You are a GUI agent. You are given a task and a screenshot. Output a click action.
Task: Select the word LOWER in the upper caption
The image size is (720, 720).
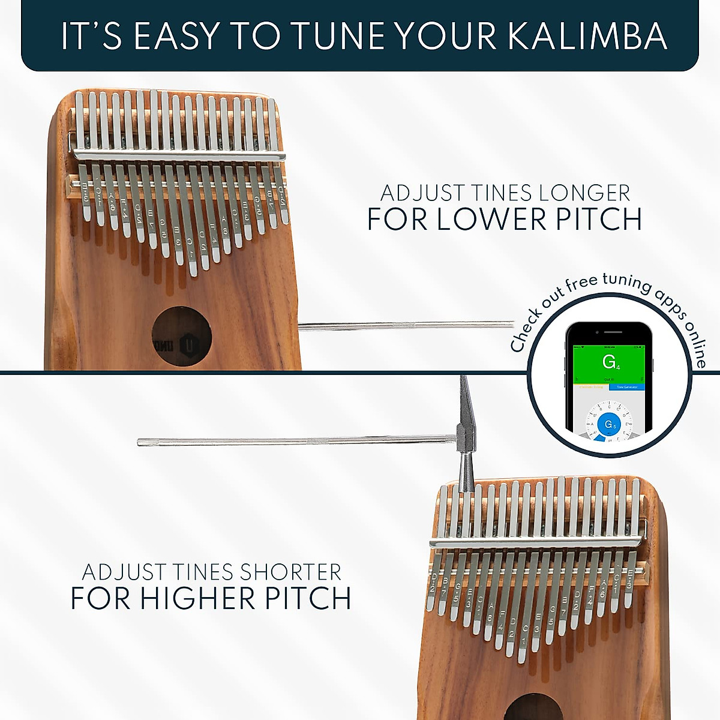pos(490,219)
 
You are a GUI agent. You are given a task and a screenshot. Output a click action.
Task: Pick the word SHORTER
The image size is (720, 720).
pos(281,572)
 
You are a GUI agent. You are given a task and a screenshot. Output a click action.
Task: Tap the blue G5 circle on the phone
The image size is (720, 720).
pos(609,424)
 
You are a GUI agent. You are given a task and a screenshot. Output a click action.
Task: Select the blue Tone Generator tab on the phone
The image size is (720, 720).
pos(626,388)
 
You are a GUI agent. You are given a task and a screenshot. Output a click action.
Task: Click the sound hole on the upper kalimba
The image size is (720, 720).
pos(181,336)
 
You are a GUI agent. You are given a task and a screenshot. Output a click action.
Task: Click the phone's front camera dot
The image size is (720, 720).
pos(598,332)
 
